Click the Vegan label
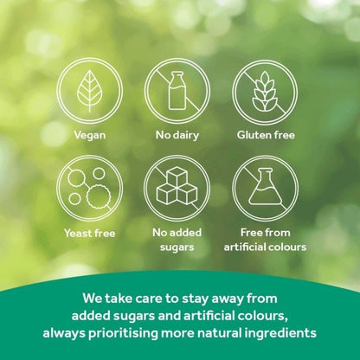90,136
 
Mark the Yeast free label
90,233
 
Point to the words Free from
264,233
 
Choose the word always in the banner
71,332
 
